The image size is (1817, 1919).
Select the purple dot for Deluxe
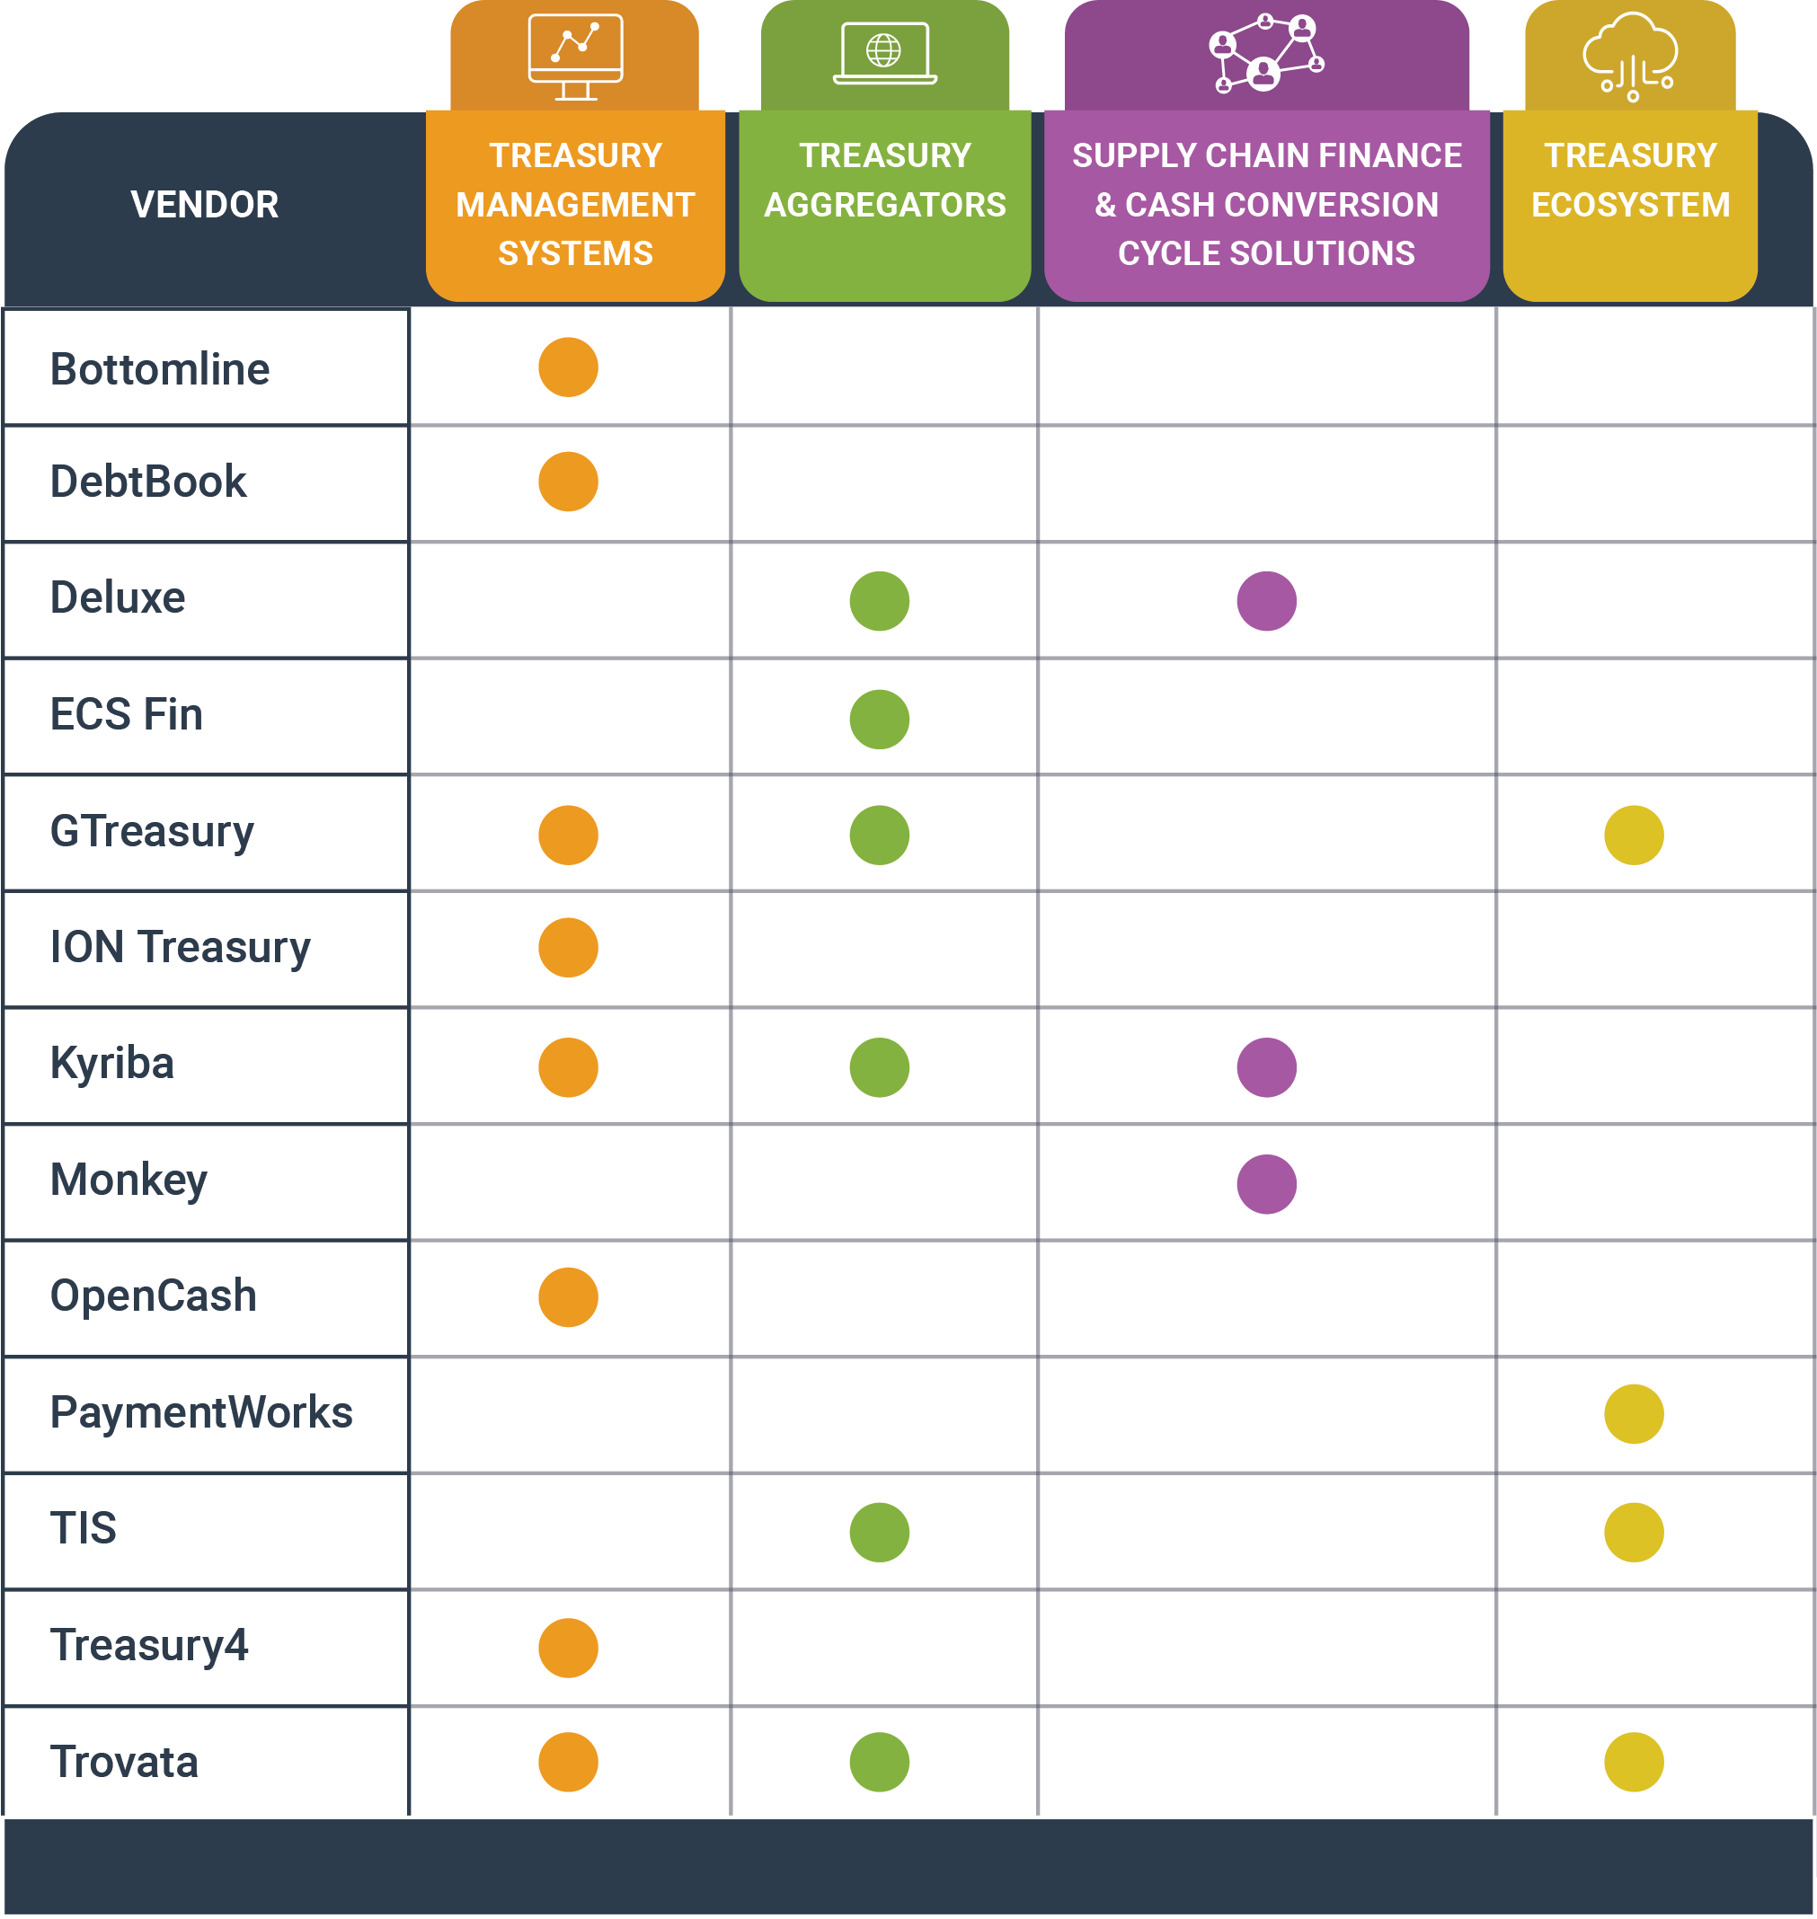(x=1266, y=601)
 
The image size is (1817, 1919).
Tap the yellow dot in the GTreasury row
(x=1633, y=835)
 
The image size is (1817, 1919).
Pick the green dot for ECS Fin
(x=879, y=720)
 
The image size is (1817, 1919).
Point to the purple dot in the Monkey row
(x=1266, y=1184)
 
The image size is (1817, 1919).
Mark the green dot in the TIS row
(x=879, y=1532)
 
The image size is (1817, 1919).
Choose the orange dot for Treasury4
(x=568, y=1647)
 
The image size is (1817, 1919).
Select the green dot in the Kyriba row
(x=879, y=1067)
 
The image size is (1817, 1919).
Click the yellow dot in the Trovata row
(x=1633, y=1762)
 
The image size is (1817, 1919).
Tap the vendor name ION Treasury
(x=180, y=947)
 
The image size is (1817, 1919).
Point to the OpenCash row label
(x=153, y=1296)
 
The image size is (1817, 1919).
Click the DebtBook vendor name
(x=148, y=482)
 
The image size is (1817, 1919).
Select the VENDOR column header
(x=204, y=204)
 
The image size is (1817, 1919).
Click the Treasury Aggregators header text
(x=884, y=180)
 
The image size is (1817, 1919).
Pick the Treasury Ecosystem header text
(x=1630, y=180)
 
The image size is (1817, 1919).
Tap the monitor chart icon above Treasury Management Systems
(x=575, y=57)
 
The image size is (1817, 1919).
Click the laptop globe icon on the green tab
(x=884, y=53)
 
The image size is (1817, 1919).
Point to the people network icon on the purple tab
(x=1266, y=53)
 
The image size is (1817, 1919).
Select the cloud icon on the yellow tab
(x=1630, y=57)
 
